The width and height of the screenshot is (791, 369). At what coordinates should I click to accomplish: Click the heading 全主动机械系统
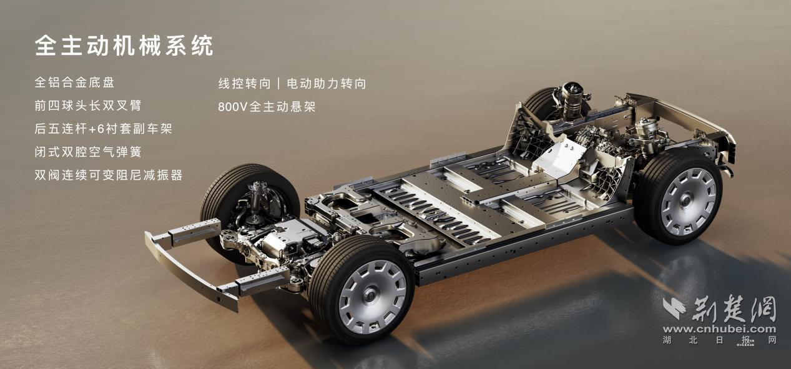(124, 46)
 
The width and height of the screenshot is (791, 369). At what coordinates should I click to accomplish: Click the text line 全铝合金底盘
(74, 82)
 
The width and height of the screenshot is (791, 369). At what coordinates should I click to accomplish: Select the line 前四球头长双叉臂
(88, 106)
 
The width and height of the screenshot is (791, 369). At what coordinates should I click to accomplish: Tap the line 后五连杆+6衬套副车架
(103, 129)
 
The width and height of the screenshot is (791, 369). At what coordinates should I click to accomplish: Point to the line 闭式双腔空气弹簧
(88, 152)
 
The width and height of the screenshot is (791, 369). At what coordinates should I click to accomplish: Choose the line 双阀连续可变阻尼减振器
(109, 175)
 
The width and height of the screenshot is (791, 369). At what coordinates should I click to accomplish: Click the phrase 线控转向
(244, 84)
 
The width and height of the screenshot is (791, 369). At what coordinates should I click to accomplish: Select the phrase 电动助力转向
(327, 84)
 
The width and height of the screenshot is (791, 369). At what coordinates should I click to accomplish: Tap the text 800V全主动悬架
(267, 107)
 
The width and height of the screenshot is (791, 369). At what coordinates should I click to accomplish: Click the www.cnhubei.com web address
(719, 329)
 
